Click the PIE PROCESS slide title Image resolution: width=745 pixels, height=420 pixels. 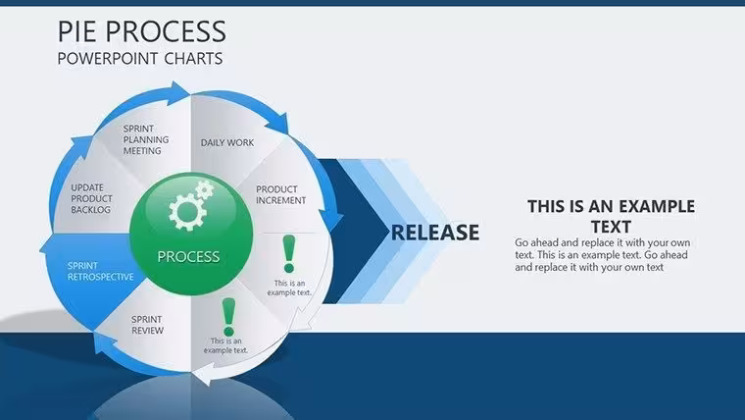(141, 31)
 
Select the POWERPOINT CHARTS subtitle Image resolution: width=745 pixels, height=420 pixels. (140, 59)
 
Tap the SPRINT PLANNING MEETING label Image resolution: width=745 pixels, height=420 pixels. (146, 139)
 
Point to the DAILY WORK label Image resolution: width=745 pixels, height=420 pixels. (227, 142)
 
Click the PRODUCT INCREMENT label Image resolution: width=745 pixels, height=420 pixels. (280, 195)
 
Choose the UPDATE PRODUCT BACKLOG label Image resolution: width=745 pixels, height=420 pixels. (92, 198)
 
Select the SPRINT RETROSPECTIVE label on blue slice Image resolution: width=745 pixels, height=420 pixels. (100, 271)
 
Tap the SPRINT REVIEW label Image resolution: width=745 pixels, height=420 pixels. (147, 325)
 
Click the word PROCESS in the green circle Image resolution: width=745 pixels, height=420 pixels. (188, 256)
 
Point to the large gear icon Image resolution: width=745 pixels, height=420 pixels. (187, 212)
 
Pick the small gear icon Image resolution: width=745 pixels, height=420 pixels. (205, 190)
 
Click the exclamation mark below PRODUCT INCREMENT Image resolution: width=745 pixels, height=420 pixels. (289, 254)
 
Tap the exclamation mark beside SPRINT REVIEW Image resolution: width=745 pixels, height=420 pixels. (228, 317)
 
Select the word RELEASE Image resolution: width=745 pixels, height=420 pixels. (434, 233)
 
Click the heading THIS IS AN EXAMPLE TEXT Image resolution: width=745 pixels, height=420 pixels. (611, 217)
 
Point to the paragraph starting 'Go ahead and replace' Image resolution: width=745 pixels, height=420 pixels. (603, 255)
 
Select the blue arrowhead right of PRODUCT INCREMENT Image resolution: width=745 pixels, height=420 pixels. (330, 220)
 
